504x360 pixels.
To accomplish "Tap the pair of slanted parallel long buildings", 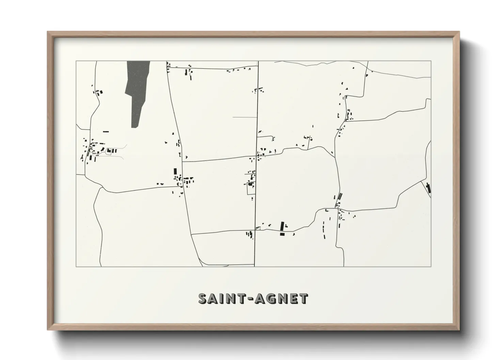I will coord(340,196).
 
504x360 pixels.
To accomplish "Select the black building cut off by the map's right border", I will coord(428,188).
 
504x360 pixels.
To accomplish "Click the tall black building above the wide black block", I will coord(282,226).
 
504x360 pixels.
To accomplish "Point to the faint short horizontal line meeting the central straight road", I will coord(245,117).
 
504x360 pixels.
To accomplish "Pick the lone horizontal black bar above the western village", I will coord(106,132).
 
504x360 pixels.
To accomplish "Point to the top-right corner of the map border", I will coord(431,61).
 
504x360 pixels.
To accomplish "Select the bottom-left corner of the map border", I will coord(76,266).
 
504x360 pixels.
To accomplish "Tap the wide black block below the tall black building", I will coord(282,234).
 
